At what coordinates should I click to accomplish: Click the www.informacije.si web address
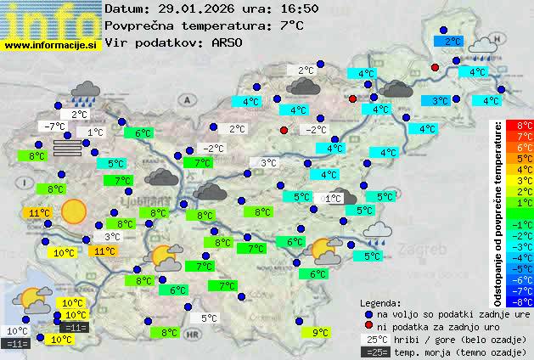(x=51, y=45)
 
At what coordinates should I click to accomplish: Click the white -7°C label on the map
(x=53, y=126)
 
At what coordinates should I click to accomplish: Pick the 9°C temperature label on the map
(x=320, y=333)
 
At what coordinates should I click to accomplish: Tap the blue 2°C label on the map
(x=452, y=40)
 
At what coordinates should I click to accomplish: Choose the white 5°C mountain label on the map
(x=209, y=318)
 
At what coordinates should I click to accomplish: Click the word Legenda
(x=380, y=303)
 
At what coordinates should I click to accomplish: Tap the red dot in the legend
(x=368, y=327)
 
